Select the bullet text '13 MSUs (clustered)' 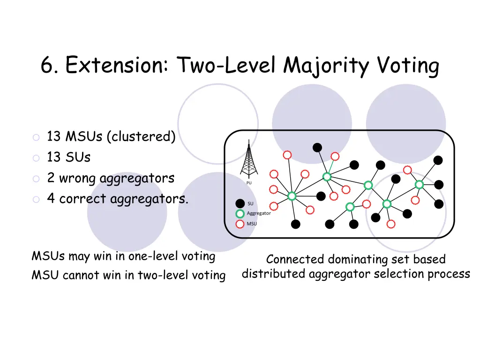click(x=111, y=137)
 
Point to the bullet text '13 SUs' click(x=68, y=157)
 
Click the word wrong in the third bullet click(x=78, y=178)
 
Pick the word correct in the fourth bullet click(x=83, y=199)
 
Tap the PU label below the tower click(x=249, y=183)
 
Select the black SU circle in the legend click(x=240, y=203)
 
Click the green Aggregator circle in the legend click(x=240, y=214)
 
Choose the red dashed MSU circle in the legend click(x=240, y=224)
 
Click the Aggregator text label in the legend click(x=259, y=214)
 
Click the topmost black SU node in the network click(x=317, y=148)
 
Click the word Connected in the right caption click(x=295, y=259)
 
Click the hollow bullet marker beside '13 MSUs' click(x=36, y=137)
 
